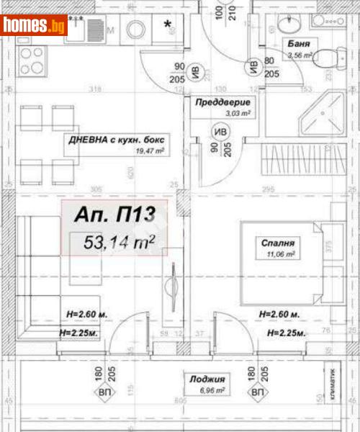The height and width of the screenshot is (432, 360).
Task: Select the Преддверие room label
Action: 222,102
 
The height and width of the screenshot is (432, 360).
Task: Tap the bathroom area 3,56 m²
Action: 299,53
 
